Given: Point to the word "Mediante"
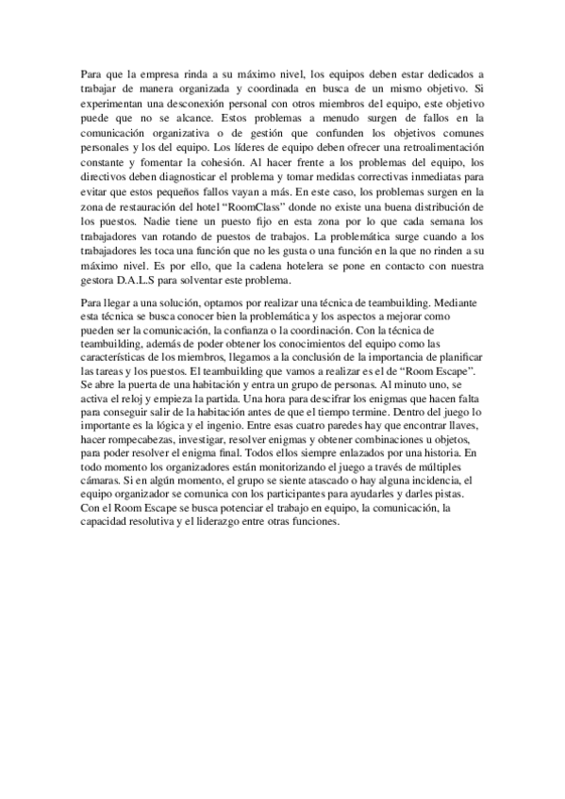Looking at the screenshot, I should coord(459,304).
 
